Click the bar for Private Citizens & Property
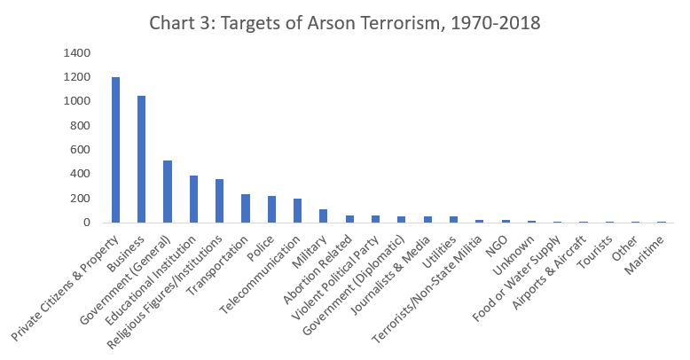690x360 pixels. (x=115, y=150)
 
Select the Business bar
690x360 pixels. (x=141, y=160)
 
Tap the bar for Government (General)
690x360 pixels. (x=168, y=192)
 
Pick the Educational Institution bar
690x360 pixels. (x=193, y=200)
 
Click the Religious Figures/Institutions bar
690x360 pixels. (x=220, y=201)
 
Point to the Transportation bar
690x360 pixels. (x=246, y=208)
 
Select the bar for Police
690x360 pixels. (x=271, y=209)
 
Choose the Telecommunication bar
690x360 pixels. (x=298, y=211)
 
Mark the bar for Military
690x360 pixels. (x=324, y=216)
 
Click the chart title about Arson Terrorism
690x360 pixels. (x=345, y=21)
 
